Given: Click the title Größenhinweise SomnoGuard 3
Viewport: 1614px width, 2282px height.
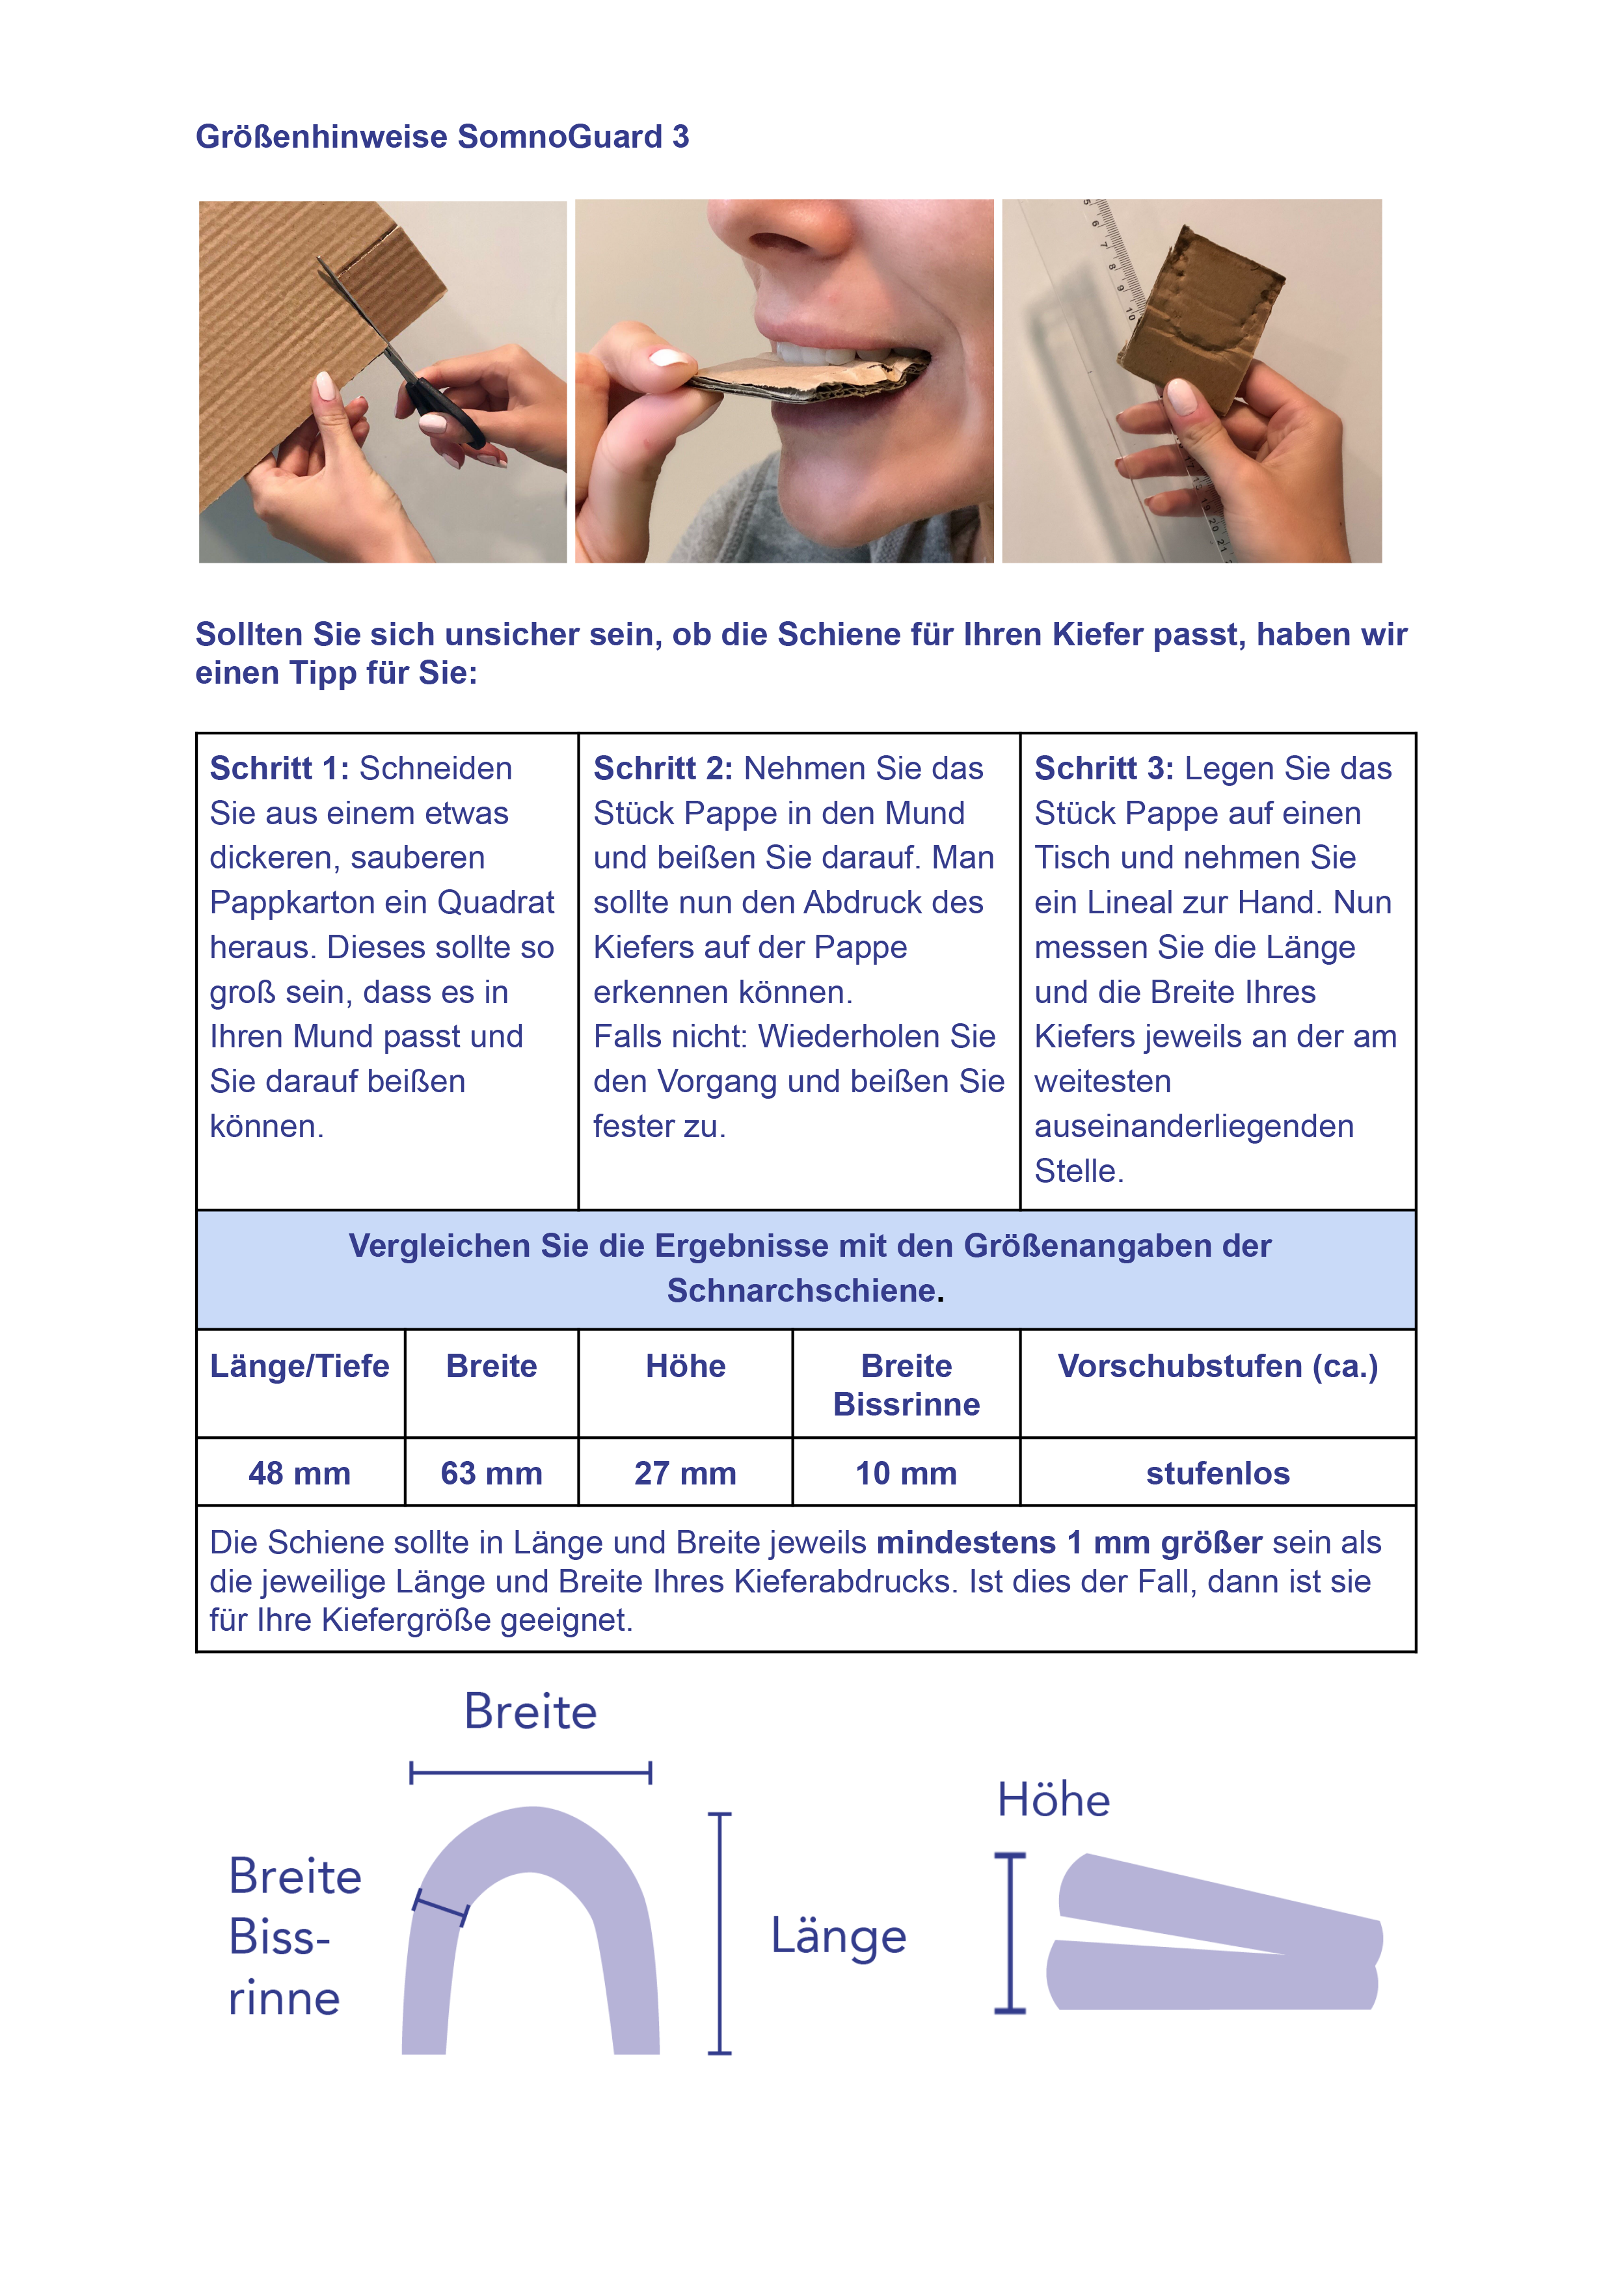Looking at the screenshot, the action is coord(442,136).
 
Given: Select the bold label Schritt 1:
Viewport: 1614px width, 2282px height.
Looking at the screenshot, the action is coord(279,768).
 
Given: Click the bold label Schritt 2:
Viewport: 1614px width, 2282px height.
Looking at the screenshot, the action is coord(663,768).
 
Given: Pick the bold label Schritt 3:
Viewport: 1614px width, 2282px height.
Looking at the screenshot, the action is coord(1104,768).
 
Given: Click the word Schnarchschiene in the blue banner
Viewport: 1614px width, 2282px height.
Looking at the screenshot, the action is coord(801,1290).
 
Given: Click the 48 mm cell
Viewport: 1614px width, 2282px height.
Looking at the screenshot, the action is coord(299,1473).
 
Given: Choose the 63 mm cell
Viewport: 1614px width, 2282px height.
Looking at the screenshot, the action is coord(492,1473).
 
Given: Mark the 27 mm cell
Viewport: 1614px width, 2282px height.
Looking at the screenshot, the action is coord(686,1473).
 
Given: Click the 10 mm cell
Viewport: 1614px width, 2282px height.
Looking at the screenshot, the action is coord(906,1473).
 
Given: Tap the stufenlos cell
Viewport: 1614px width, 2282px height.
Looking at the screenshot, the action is coord(1217,1473).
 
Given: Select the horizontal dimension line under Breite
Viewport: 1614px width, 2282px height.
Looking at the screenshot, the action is coord(531,1771).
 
